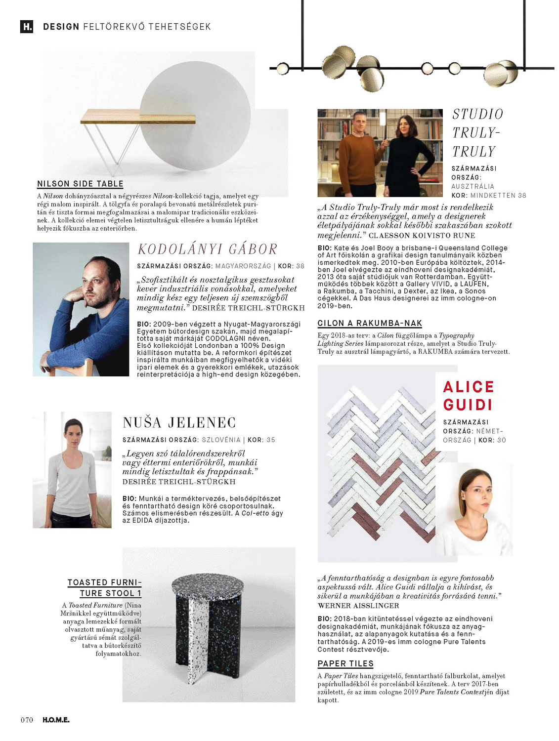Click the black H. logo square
tap(27, 26)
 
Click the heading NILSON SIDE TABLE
tap(80, 184)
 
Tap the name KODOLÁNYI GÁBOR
tap(207, 249)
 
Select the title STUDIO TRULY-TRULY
tap(477, 132)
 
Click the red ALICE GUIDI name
tap(468, 395)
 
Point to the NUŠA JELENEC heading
tap(179, 423)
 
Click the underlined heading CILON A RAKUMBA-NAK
tap(370, 323)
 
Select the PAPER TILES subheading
tap(345, 663)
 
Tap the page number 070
tap(27, 720)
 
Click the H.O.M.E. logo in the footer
tap(56, 720)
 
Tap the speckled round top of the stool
tap(208, 585)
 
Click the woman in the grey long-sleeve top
tap(73, 469)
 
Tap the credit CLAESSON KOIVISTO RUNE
tap(422, 236)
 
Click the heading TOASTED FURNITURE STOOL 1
tap(105, 588)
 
